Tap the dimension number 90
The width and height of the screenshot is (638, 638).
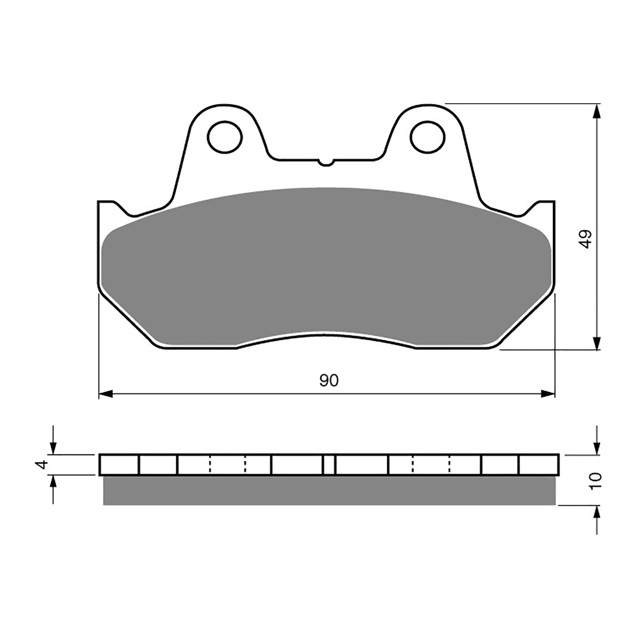click(328, 380)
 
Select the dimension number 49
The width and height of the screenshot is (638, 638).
click(586, 239)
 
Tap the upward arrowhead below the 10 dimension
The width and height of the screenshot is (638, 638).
click(597, 512)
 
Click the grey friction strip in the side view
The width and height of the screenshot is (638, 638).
click(329, 490)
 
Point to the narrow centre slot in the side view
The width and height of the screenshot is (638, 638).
click(329, 464)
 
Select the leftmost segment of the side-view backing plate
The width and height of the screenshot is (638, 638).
click(119, 464)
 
